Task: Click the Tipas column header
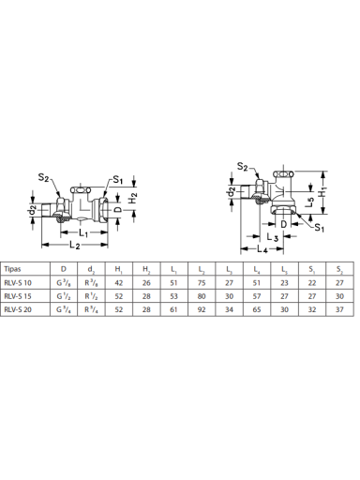point(12,269)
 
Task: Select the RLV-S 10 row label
point(18,283)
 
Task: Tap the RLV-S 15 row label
point(18,296)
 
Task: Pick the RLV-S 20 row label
point(18,309)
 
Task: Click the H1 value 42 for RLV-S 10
point(119,283)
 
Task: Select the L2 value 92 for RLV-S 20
point(202,309)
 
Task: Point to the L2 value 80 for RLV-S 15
point(202,296)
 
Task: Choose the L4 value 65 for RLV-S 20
point(257,309)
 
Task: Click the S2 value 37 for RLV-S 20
point(339,309)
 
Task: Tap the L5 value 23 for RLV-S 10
point(284,283)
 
